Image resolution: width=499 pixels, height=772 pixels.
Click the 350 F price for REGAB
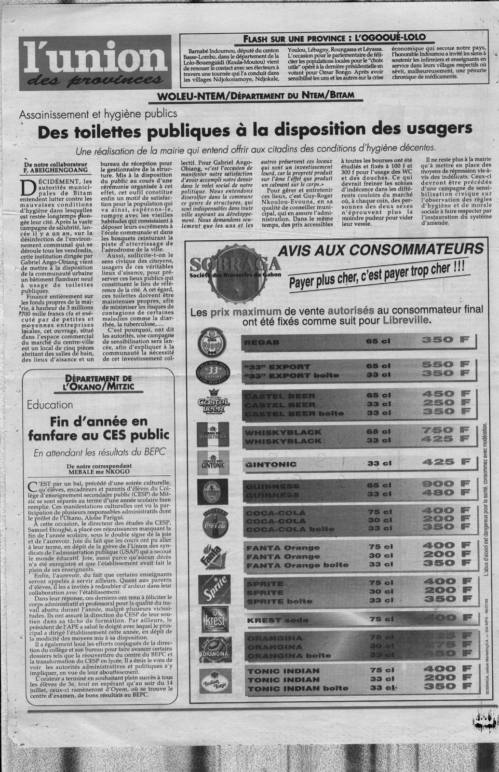pos(445,340)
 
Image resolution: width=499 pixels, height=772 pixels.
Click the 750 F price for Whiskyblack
pos(445,430)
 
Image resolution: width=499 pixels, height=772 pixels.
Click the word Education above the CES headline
pos(51,404)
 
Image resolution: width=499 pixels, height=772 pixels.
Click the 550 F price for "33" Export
pos(445,366)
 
